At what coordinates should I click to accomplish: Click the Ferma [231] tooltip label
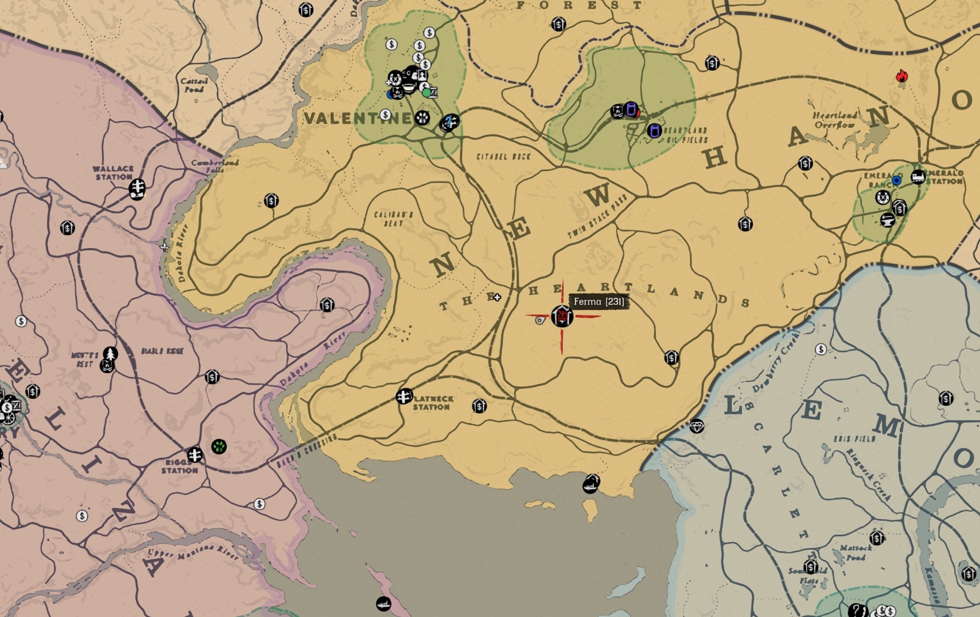click(598, 302)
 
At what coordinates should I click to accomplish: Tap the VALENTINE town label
click(357, 118)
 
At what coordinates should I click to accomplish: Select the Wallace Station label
click(112, 173)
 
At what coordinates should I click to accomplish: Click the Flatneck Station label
click(432, 403)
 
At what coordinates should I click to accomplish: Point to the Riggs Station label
click(180, 466)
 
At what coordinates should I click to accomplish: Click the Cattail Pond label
click(194, 85)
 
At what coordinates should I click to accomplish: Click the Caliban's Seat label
click(393, 219)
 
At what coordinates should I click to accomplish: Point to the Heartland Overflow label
click(834, 120)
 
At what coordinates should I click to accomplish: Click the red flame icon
click(902, 77)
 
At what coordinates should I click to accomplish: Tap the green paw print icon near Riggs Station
click(219, 446)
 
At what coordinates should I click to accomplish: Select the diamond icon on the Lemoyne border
click(696, 426)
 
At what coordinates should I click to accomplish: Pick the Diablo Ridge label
click(162, 351)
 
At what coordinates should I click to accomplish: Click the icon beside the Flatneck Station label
click(404, 396)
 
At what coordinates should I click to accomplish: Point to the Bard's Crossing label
click(307, 452)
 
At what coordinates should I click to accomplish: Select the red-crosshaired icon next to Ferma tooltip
click(562, 317)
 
